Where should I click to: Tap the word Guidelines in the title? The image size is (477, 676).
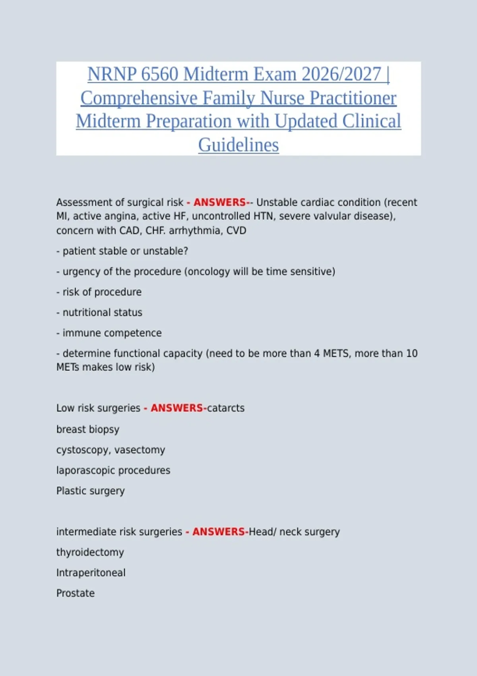click(x=238, y=145)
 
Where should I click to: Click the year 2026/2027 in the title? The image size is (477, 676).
click(x=341, y=74)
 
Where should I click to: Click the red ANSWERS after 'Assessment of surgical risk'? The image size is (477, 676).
click(x=219, y=202)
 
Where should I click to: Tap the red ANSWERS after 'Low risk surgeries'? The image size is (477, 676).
click(x=176, y=408)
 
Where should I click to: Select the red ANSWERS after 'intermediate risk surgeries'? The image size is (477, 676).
click(x=218, y=532)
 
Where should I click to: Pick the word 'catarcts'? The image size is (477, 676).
click(x=226, y=408)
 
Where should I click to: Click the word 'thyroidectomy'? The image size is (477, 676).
click(x=90, y=552)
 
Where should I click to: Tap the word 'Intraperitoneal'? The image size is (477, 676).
click(x=91, y=573)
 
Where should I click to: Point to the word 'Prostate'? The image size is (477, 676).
click(x=76, y=593)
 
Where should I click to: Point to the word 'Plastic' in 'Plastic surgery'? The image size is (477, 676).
click(x=70, y=491)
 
